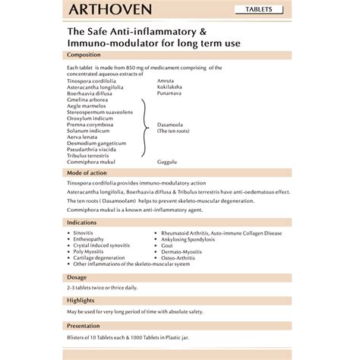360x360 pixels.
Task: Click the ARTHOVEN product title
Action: (109, 11)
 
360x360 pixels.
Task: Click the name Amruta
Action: (165, 81)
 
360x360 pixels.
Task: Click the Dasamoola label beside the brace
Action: (172, 125)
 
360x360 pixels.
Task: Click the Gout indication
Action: (168, 246)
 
